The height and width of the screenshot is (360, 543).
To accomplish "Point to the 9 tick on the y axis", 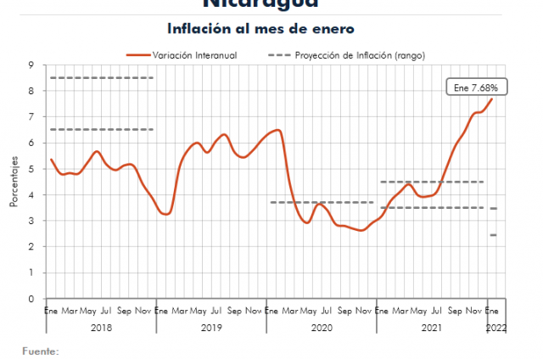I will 31,65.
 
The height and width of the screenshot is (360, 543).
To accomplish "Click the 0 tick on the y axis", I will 31,299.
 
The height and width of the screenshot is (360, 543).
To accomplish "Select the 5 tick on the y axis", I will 31,169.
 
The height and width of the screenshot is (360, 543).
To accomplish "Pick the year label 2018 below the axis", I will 101,328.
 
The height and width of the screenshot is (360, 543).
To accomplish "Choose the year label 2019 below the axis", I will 211,328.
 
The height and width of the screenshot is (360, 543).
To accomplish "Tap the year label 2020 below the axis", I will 322,328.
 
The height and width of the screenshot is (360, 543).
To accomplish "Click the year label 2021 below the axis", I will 431,328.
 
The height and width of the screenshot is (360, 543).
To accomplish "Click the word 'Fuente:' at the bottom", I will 41,350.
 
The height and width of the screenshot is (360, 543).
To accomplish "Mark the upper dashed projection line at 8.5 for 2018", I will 101,78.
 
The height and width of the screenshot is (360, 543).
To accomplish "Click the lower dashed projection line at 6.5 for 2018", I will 101,130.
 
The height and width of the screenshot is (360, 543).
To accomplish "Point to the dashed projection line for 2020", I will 322,202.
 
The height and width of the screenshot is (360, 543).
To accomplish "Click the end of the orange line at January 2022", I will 491,99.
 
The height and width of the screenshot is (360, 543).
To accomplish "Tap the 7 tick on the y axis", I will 31,117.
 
